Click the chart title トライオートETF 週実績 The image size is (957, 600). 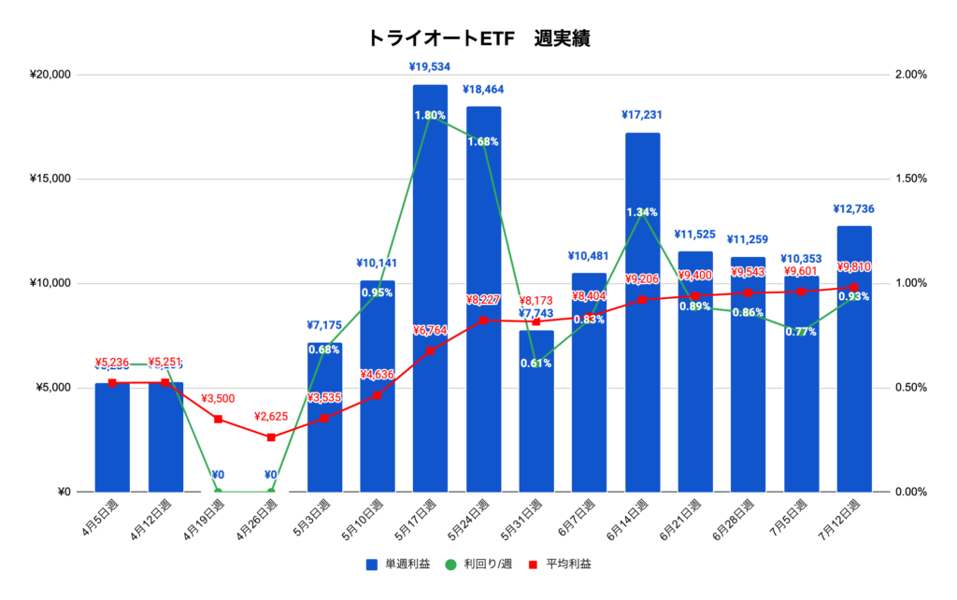pyautogui.click(x=478, y=39)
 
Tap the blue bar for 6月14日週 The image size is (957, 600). pyautogui.click(x=642, y=318)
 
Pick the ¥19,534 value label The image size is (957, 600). pyautogui.click(x=430, y=67)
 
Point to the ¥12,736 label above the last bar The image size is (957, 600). pyautogui.click(x=854, y=209)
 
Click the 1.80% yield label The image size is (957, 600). pyautogui.click(x=430, y=116)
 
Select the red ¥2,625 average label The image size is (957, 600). pyautogui.click(x=271, y=417)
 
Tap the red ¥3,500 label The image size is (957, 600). pyautogui.click(x=219, y=399)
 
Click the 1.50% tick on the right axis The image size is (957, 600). pyautogui.click(x=908, y=179)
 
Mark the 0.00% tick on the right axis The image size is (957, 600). pyautogui.click(x=908, y=493)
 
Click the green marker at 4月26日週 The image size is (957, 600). pyautogui.click(x=271, y=492)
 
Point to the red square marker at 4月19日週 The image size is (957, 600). pyautogui.click(x=218, y=419)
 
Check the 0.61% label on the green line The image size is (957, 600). pyautogui.click(x=536, y=364)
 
